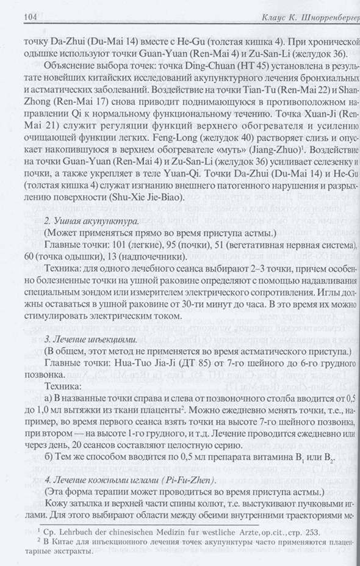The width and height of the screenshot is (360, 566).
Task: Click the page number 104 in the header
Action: coord(13,19)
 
